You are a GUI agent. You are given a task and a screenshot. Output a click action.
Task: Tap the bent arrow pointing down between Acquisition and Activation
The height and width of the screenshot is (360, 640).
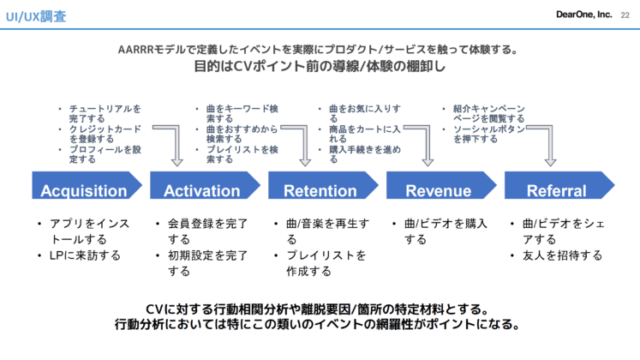point(175,146)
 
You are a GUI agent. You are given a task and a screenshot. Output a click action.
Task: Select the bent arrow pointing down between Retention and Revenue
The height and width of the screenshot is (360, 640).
point(424,146)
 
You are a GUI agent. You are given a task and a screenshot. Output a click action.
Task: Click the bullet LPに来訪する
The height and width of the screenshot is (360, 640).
point(85,255)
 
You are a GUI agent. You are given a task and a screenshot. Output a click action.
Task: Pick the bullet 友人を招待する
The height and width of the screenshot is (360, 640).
point(563,255)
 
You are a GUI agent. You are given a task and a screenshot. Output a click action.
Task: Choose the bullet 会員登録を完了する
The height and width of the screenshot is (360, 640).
point(208,231)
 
